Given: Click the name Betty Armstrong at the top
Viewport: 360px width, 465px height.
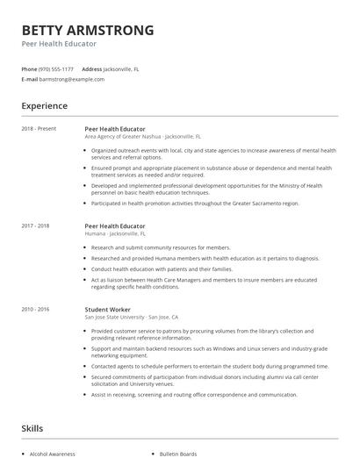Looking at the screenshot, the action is [x=88, y=30].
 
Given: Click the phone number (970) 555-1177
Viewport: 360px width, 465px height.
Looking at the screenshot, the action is [x=57, y=68].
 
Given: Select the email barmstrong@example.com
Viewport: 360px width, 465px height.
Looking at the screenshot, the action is [x=72, y=79].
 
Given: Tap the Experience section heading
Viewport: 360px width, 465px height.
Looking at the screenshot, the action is [x=45, y=106].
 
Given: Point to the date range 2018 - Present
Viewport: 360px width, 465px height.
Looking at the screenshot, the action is [x=39, y=129].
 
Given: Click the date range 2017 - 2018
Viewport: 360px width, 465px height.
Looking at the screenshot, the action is [x=36, y=226].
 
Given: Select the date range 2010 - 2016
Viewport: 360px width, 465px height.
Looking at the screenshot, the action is [x=36, y=309].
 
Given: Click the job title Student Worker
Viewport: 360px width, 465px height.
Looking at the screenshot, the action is [x=109, y=309].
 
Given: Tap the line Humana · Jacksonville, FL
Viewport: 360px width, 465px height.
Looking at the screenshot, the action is [x=115, y=234].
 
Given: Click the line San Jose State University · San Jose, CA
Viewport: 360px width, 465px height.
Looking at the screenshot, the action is [x=132, y=317].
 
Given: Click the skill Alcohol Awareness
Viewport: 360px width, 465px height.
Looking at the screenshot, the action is [x=53, y=454].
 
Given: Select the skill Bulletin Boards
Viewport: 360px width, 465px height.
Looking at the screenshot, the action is [x=177, y=454].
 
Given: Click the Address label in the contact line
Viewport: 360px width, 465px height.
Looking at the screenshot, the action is [x=91, y=68].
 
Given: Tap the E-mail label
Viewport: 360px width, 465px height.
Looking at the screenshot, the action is [x=30, y=79].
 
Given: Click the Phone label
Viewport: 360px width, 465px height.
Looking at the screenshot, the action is [x=29, y=68].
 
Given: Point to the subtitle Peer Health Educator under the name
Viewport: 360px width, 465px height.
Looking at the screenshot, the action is [x=59, y=43].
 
